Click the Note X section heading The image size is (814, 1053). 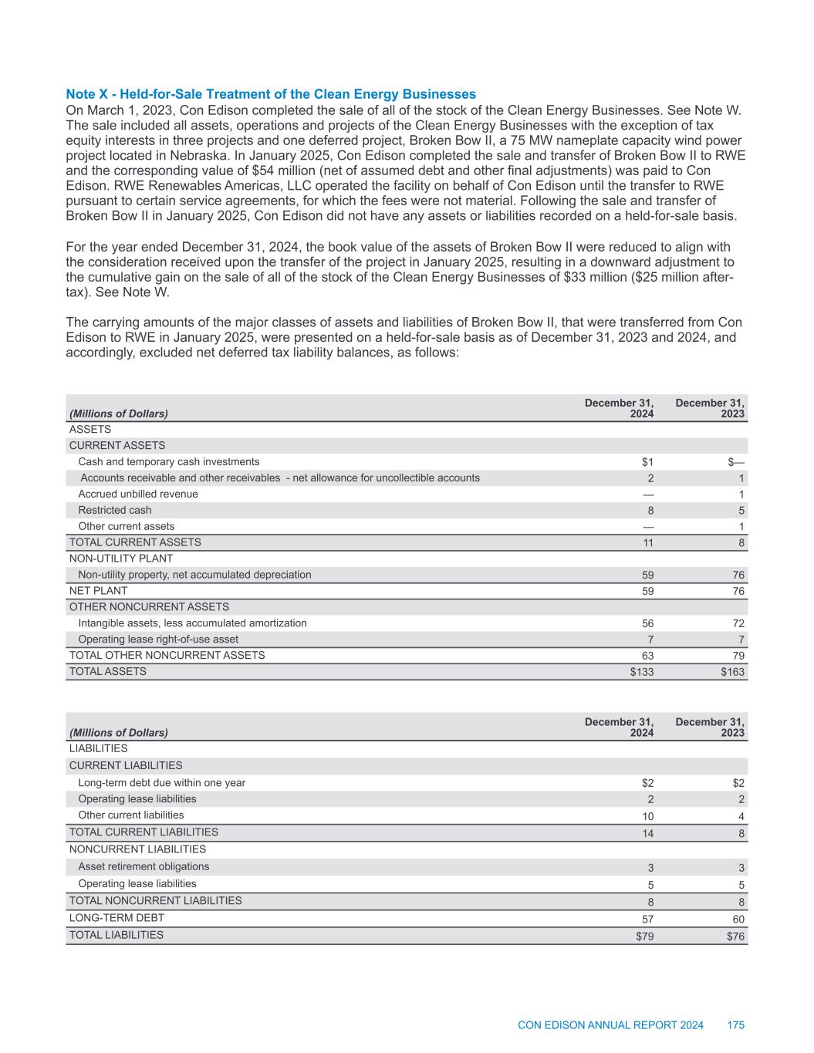point(271,94)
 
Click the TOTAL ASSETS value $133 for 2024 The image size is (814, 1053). point(642,672)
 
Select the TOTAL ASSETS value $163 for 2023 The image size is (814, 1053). point(733,672)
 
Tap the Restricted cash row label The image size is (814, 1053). point(115,510)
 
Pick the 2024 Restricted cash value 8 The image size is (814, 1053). point(650,511)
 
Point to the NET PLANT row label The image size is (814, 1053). point(99,590)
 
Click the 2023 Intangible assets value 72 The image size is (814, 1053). point(738,623)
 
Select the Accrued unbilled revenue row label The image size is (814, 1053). point(138,494)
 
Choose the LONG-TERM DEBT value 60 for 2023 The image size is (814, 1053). point(738,920)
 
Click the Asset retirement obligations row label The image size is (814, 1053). point(144,866)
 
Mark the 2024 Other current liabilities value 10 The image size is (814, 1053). point(647,816)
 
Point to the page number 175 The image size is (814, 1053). point(735,1025)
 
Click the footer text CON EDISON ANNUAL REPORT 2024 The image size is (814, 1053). point(610,1025)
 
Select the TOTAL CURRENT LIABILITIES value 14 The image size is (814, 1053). point(647,833)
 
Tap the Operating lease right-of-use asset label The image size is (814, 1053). point(158,639)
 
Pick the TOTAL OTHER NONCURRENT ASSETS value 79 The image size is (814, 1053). point(738,656)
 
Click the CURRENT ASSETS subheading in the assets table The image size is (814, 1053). point(117,445)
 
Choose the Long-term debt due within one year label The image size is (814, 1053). point(162,782)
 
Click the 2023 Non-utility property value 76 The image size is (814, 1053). point(738,575)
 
